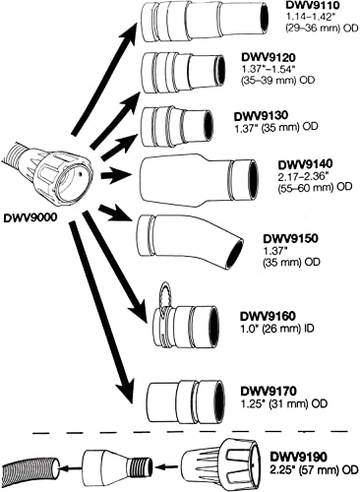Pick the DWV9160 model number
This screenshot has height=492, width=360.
pos(267,316)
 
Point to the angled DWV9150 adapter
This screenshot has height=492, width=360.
pos(191,241)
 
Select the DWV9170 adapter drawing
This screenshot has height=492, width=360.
pos(182,399)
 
